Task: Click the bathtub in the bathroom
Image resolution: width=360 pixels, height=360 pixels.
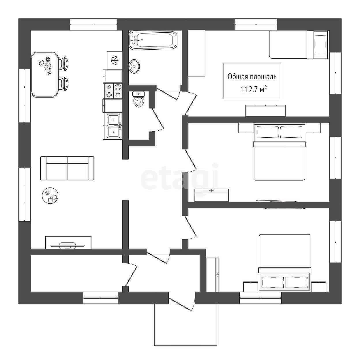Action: click(x=153, y=40)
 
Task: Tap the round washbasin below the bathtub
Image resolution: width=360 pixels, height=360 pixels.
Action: click(x=134, y=66)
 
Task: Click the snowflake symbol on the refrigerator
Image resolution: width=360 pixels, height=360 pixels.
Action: click(x=114, y=60)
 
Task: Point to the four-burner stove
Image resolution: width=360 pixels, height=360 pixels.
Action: click(x=113, y=91)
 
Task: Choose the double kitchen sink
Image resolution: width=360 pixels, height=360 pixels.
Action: click(x=114, y=126)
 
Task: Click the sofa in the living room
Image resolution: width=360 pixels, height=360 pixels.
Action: click(x=67, y=168)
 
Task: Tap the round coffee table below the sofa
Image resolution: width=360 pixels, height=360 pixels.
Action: click(x=50, y=196)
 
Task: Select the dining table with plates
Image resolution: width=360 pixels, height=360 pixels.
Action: click(x=44, y=74)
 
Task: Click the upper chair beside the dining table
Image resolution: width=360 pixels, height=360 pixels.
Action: click(x=63, y=63)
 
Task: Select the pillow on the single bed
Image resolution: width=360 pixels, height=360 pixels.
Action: click(x=321, y=45)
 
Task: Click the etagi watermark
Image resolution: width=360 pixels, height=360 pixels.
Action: click(x=179, y=177)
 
